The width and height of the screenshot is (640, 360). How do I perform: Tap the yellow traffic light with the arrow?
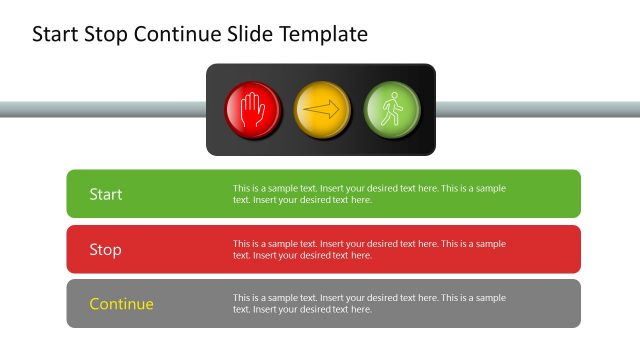coord(322,110)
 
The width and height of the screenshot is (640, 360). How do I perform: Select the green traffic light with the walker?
coord(391,110)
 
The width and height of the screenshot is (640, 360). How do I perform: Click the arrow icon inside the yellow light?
coord(322,111)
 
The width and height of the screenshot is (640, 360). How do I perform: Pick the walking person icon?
coord(392,108)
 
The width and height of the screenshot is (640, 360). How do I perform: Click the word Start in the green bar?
coord(106,194)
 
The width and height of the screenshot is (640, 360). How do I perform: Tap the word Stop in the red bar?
coord(105,249)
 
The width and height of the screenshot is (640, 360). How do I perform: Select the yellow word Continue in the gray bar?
coord(121,304)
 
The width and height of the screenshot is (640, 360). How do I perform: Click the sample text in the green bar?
coord(369,194)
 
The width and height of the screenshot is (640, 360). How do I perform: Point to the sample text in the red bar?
coord(369,249)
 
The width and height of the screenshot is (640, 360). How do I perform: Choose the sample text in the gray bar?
coord(369,304)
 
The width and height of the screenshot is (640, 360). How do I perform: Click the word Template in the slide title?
coord(324,35)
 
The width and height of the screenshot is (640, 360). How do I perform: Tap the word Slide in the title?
coord(252,35)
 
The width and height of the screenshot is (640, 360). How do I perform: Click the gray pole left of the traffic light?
coord(100,109)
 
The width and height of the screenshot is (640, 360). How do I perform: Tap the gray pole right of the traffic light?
coord(540,109)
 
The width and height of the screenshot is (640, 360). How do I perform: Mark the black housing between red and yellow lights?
coord(287,110)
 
